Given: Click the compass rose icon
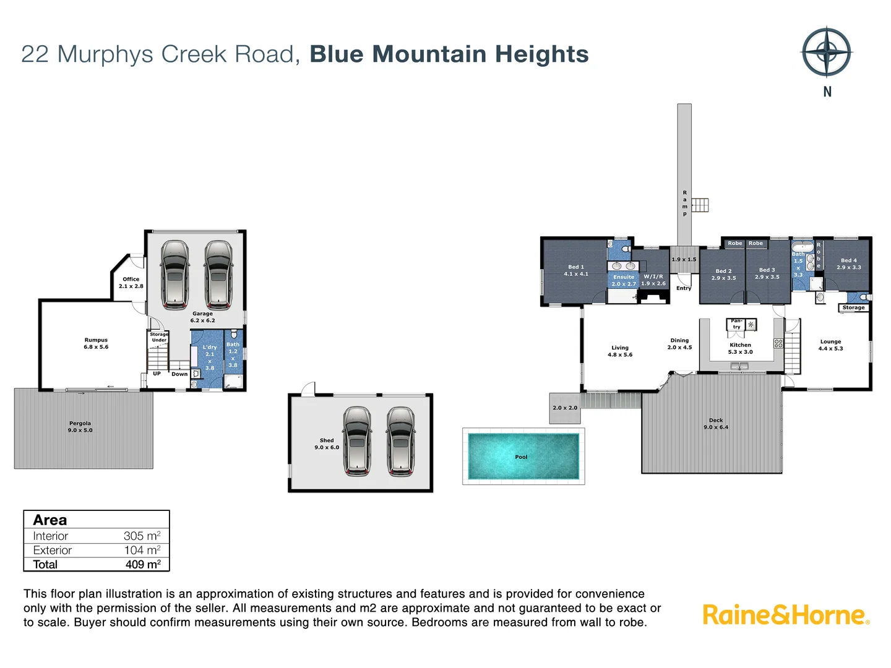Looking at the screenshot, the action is [x=827, y=52].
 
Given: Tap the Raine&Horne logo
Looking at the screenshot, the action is [x=786, y=615].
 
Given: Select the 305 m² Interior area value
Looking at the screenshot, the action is [x=142, y=536].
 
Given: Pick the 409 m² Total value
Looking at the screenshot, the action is [x=143, y=564].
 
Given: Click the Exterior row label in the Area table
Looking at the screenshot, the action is [x=53, y=550].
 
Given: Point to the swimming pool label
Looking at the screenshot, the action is [x=521, y=456].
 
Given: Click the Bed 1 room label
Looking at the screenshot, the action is [x=576, y=270].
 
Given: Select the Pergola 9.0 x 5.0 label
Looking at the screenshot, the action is [x=80, y=427].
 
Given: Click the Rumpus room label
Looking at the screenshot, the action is [x=96, y=343].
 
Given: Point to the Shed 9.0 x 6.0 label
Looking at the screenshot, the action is [x=327, y=443].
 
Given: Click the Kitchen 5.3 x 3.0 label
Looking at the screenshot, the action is [x=741, y=348].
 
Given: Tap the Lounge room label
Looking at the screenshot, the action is [x=830, y=345].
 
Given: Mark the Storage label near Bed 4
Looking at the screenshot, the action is [x=854, y=307].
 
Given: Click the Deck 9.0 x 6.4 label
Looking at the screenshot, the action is [x=716, y=424].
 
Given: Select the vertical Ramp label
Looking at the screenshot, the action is [x=685, y=203].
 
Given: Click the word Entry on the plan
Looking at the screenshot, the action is [x=684, y=288].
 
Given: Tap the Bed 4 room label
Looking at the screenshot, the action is [x=849, y=263].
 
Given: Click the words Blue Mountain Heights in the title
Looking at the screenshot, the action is [x=449, y=54].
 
